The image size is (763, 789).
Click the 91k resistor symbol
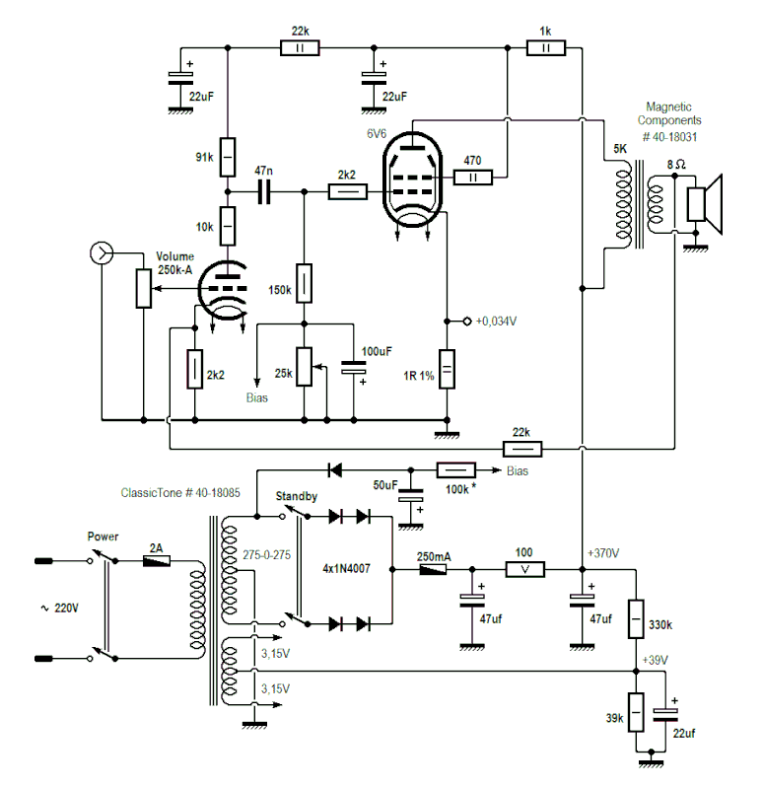(228, 155)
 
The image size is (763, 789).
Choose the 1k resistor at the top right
(545, 46)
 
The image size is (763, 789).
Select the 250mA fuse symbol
(432, 570)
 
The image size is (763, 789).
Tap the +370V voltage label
(603, 554)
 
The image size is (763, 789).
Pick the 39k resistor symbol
(636, 709)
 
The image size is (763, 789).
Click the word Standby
(296, 496)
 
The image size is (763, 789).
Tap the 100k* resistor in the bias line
(457, 470)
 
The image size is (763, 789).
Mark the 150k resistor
(305, 283)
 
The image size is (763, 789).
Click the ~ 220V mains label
(58, 609)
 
